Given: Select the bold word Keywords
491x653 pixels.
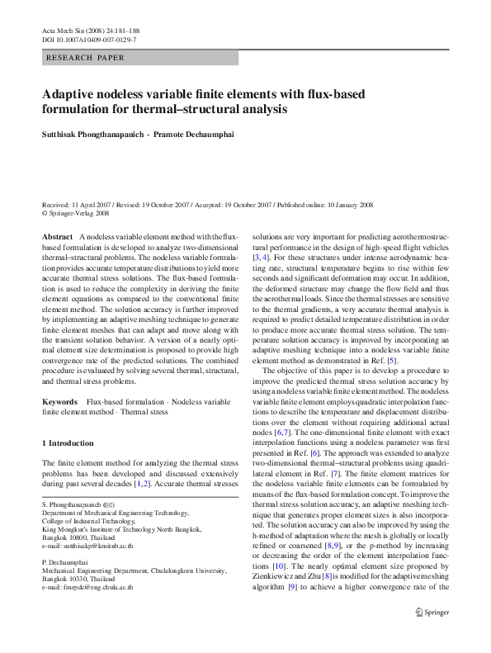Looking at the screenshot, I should (x=59, y=401).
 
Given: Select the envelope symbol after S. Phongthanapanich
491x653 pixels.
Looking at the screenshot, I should (x=110, y=502).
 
